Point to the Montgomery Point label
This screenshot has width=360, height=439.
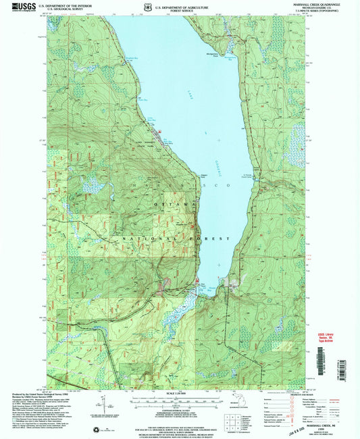point(206,54)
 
